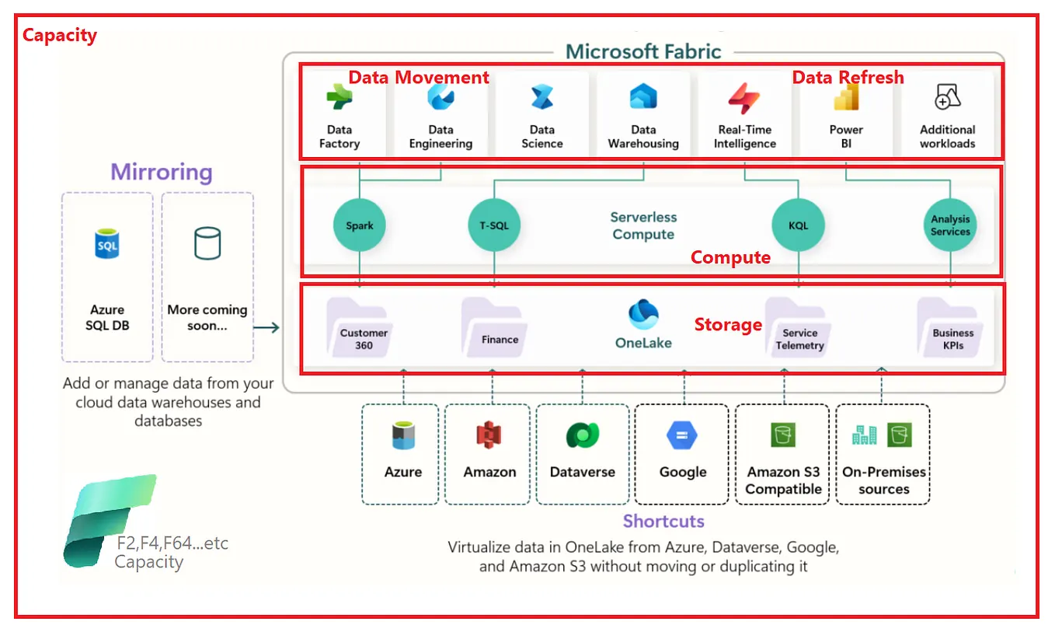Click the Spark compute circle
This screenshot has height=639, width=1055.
tap(360, 226)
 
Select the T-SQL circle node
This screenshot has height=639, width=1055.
tap(494, 226)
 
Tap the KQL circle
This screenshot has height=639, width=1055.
tap(798, 226)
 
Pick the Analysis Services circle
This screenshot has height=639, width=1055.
tap(950, 226)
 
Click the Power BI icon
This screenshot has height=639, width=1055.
tap(845, 99)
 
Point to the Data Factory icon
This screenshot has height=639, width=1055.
tap(339, 98)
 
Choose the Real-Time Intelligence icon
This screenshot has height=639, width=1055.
tap(744, 99)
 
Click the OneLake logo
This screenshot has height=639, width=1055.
tap(643, 315)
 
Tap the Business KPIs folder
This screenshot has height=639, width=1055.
tap(951, 329)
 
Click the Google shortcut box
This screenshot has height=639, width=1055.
tap(682, 454)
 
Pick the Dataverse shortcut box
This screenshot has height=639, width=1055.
tap(582, 454)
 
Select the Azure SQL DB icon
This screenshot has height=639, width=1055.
tap(107, 245)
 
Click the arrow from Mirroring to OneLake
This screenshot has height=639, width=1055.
tap(266, 328)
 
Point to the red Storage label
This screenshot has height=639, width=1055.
tap(727, 324)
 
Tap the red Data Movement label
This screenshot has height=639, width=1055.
tap(418, 77)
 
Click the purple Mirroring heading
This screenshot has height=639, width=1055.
tap(162, 172)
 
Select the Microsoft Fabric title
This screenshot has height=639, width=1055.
tap(643, 52)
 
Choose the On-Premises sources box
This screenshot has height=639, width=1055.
tap(883, 454)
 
